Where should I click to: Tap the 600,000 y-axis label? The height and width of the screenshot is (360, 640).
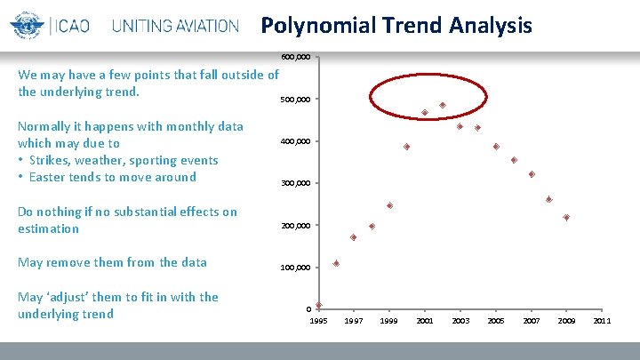tap(296, 57)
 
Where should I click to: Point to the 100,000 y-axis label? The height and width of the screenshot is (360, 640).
tap(296, 268)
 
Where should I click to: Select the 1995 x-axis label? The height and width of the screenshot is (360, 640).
tap(318, 320)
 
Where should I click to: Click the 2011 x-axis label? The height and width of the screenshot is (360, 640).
tap(602, 320)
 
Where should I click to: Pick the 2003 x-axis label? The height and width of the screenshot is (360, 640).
tap(460, 320)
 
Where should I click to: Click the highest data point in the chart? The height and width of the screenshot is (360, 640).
tap(442, 106)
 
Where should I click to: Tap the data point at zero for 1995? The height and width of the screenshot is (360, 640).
tap(318, 305)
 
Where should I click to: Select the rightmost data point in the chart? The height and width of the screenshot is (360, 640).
tap(566, 217)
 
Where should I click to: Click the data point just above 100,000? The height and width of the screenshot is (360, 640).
tap(336, 263)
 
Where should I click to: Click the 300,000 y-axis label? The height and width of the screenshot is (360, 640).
tap(296, 184)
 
